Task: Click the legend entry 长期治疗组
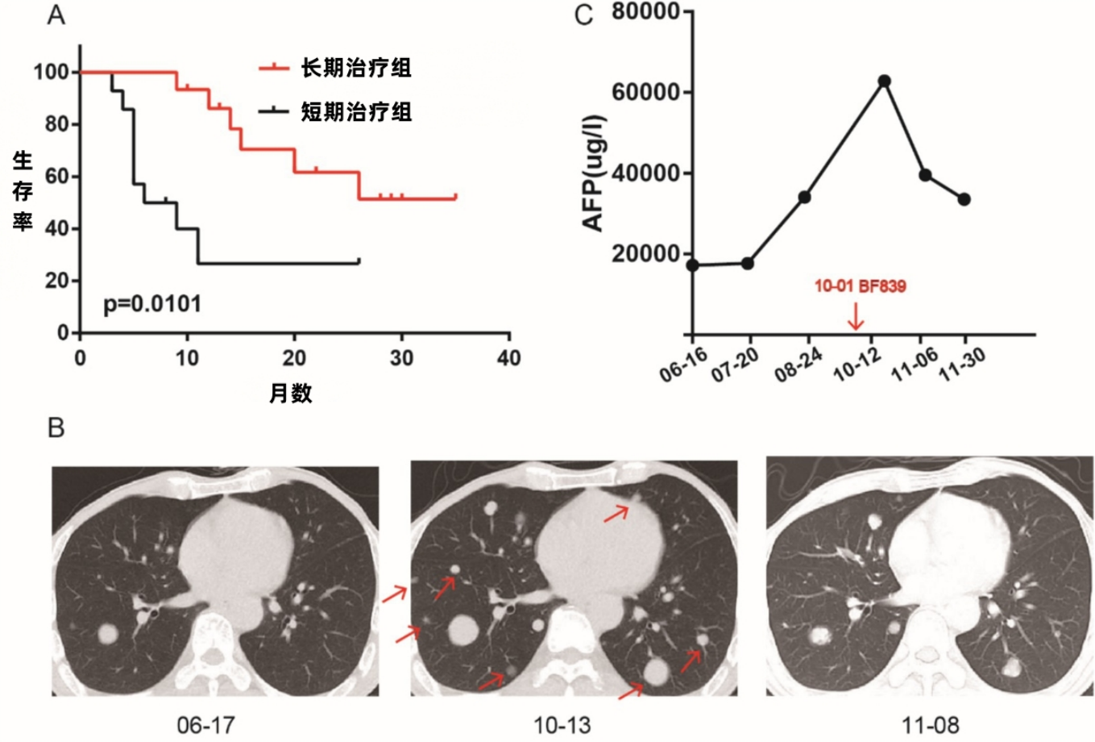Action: [356, 68]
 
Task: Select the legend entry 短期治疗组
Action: [356, 111]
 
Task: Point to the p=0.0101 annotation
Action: [152, 304]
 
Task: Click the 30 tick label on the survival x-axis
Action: [401, 358]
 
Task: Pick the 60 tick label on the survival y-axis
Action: [56, 177]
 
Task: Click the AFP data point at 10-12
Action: [885, 81]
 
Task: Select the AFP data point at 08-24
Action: [804, 197]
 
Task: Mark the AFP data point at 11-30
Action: [964, 199]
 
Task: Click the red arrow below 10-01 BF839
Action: [856, 318]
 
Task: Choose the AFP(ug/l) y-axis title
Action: [594, 173]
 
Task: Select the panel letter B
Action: [56, 427]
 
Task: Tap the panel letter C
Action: [585, 15]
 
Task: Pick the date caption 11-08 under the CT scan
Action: [930, 725]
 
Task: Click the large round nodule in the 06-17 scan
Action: [108, 635]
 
